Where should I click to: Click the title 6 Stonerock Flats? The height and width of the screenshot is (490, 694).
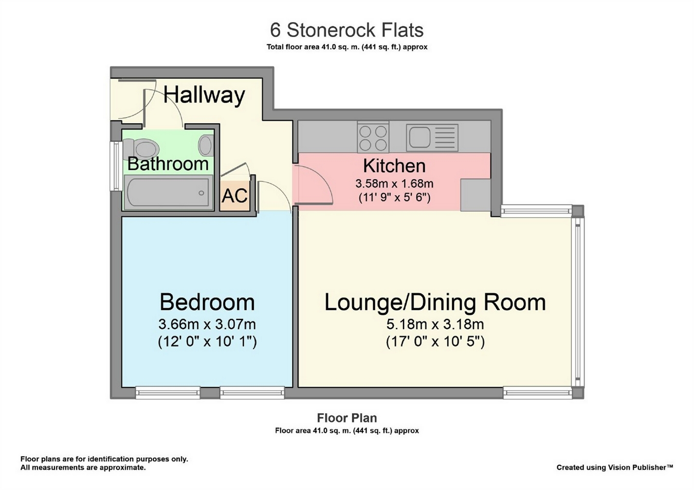(x=346, y=30)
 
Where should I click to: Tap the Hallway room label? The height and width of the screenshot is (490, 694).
(x=204, y=95)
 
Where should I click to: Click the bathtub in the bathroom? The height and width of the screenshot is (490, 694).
(x=168, y=192)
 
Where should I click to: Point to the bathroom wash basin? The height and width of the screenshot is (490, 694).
(x=206, y=145)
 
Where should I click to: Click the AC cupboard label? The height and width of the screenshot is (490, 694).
(x=234, y=196)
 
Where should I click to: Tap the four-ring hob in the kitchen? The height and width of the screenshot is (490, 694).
(x=373, y=138)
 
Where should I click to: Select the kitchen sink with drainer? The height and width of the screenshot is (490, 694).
(x=432, y=138)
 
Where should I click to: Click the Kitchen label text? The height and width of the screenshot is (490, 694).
(x=394, y=166)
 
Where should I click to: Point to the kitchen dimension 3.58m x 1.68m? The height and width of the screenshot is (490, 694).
(x=394, y=184)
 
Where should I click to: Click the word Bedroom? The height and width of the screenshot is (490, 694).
(x=207, y=302)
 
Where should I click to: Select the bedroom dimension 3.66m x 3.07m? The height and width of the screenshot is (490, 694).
(x=207, y=325)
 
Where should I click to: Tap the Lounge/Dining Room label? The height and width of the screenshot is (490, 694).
(x=435, y=303)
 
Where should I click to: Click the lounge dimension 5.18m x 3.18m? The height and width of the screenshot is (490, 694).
(x=435, y=325)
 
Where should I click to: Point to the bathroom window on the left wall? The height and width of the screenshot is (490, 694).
(x=116, y=166)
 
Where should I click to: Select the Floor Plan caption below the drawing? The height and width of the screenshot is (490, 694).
(x=346, y=418)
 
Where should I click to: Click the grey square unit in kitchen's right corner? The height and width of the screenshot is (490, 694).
(x=476, y=195)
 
